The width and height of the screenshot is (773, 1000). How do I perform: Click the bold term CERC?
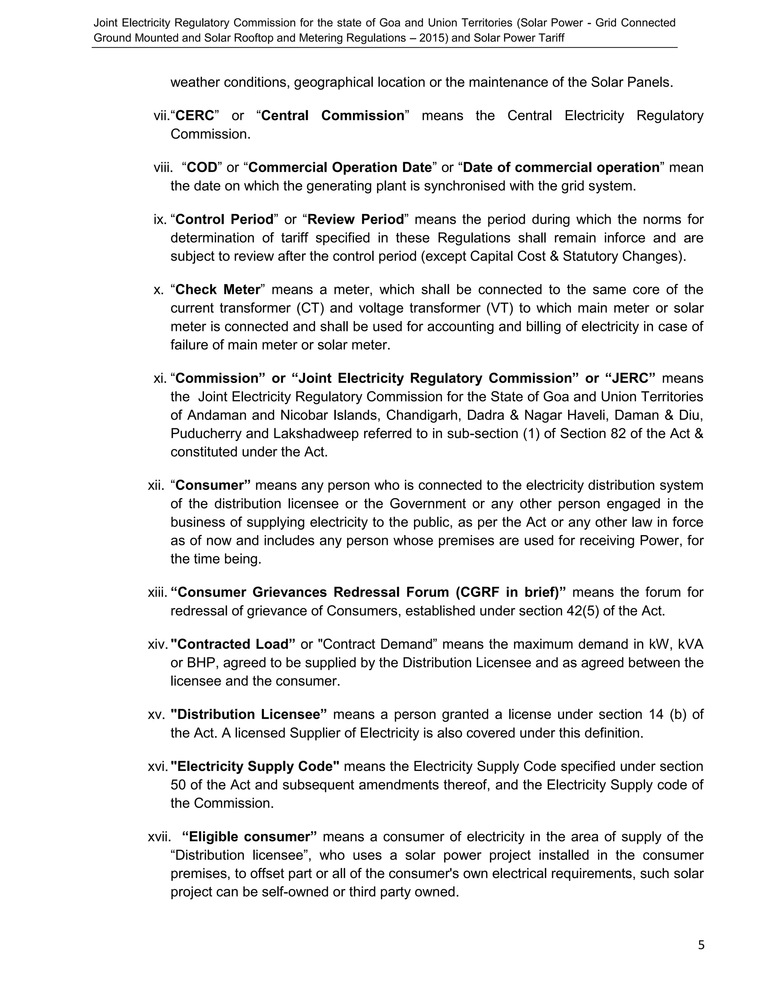coord(195,116)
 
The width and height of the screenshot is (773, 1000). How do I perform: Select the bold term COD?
coord(202,168)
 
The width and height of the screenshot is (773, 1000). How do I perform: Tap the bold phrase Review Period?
coord(355,220)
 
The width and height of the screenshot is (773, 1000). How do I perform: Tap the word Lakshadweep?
coord(316,434)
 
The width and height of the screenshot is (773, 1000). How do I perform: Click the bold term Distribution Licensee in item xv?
coord(248,714)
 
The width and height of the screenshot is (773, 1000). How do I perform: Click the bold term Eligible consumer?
coord(249,837)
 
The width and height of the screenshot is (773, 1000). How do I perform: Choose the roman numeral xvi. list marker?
coord(157,766)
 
